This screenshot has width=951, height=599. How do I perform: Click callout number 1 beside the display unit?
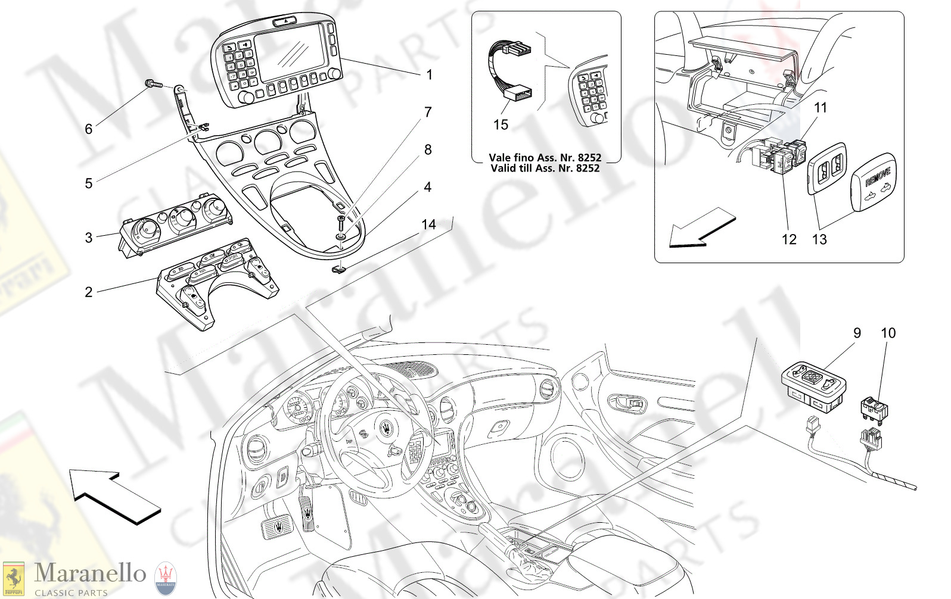pos(429,75)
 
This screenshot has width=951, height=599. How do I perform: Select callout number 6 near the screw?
pos(89,129)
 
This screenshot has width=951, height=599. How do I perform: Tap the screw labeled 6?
pos(153,85)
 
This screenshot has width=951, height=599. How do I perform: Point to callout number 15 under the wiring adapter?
pos(501,125)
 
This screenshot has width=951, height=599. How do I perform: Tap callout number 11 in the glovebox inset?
pos(821,108)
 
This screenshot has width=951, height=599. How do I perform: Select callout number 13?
pos(819,239)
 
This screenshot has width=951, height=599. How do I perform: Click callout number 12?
pos(789,239)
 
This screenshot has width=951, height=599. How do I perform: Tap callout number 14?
pos(428,224)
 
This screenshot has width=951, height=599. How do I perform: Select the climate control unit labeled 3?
pos(176,223)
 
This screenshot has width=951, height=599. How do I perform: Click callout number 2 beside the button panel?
pos(89,292)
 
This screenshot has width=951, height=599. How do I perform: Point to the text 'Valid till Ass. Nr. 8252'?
pos(545,169)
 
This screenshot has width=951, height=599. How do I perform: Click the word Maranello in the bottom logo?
pos(90,573)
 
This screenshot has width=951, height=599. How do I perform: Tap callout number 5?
pos(89,183)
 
